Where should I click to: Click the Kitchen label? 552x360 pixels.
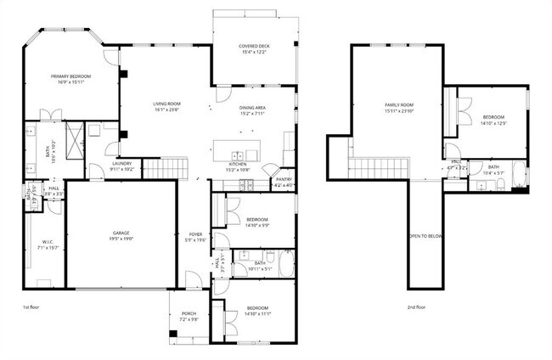[x=237, y=165]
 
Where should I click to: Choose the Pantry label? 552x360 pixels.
[x=283, y=179]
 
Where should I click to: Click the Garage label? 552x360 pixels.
[x=121, y=233]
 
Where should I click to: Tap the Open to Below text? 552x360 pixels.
[x=425, y=235]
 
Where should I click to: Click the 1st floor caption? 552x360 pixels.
[x=31, y=307]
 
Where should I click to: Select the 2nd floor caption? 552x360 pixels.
[x=415, y=307]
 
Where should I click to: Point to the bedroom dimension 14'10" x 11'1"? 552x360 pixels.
[x=258, y=313]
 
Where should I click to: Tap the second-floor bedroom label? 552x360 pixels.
[x=493, y=117]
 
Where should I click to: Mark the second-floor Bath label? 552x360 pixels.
[x=493, y=167]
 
